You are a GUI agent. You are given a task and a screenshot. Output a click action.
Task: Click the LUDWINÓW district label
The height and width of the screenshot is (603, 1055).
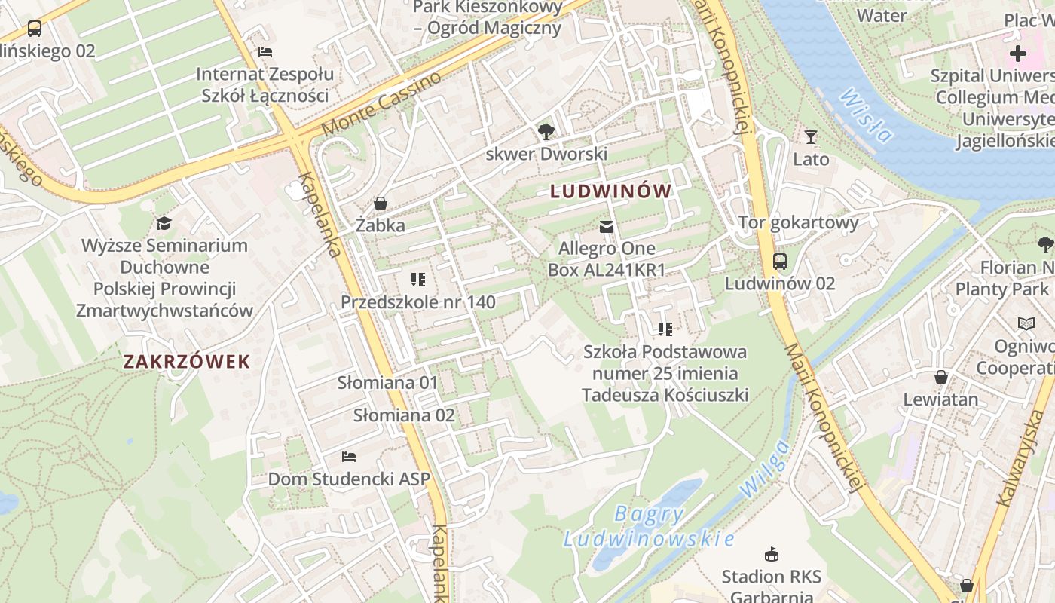[610, 191]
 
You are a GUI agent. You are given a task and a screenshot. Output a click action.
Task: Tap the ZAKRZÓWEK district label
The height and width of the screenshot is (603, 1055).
[186, 362]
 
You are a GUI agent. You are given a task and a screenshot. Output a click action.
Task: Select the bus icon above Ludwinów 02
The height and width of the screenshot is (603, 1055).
[780, 262]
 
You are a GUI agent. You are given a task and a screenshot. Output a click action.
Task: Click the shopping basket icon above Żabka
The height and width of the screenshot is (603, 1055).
[381, 204]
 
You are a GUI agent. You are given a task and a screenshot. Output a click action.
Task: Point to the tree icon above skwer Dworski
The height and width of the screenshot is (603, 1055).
[546, 133]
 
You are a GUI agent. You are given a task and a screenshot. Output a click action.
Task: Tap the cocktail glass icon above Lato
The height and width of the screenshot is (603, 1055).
[811, 137]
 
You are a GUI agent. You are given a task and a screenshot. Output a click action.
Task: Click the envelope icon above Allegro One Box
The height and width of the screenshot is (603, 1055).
[606, 227]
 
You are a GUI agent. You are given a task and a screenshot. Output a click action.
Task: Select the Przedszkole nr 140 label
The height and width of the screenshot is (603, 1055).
[418, 302]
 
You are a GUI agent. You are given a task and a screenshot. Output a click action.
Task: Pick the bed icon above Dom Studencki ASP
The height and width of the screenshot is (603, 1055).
[348, 457]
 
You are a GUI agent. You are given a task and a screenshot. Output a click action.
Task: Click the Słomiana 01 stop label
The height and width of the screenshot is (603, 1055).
[387, 383]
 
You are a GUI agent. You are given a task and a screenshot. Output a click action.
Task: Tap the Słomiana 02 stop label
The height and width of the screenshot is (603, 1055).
[404, 415]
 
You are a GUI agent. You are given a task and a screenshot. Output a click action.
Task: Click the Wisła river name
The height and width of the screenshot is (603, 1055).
[865, 117]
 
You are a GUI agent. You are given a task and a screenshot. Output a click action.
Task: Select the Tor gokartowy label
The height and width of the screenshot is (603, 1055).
[798, 222]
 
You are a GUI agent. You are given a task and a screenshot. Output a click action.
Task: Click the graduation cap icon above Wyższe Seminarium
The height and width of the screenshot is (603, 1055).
[164, 223]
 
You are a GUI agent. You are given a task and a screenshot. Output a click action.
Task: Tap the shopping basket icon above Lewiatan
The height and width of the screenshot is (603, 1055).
[940, 377]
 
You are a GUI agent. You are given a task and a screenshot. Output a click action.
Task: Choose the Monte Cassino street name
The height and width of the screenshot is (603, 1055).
[381, 104]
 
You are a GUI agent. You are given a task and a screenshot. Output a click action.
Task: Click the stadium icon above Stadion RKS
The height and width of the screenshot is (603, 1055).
[771, 555]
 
